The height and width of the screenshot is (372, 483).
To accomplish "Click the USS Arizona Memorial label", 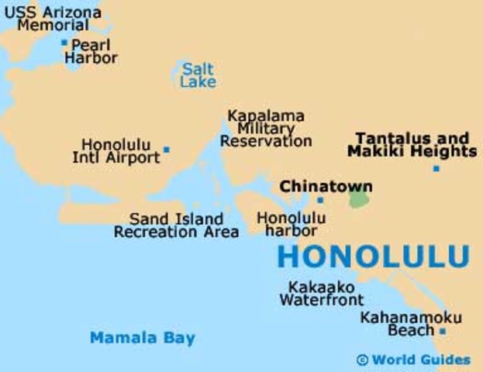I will tap(53, 19).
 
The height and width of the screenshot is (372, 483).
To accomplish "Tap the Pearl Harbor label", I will tap(91, 51).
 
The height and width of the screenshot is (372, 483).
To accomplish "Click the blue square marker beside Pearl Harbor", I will tap(64, 43).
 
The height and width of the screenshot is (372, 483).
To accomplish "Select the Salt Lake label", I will tap(198, 75).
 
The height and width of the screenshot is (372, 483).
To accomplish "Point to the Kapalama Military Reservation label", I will tap(266, 129).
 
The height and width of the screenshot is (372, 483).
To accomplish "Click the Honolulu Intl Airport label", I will tap(121, 151).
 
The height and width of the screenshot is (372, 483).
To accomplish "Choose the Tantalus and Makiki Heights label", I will tap(412, 145).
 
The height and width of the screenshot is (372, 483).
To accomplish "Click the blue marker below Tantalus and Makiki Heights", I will tap(436, 168).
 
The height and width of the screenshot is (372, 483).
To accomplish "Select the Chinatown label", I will tap(326, 187).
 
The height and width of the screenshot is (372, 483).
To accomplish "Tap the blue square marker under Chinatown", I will tap(319, 200).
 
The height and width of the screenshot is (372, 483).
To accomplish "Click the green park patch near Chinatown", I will tap(359, 198).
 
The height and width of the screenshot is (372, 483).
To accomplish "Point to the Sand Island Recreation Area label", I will tap(176, 226).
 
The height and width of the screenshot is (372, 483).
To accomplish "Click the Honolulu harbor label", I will tap(291, 225).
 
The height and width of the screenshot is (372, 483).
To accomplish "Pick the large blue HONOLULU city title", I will tap(373, 257).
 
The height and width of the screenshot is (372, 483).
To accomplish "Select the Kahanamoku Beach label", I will tap(411, 324).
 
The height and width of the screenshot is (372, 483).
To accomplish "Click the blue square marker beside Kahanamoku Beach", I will tap(443, 331).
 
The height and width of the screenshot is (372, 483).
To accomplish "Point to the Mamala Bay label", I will tap(143, 338).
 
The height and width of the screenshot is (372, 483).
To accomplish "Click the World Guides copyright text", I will tap(413, 360).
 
